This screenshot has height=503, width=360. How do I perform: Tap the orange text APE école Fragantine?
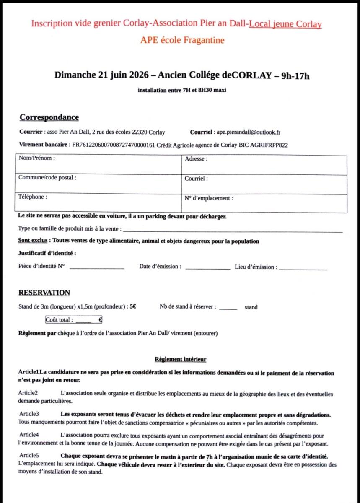pos(182,40)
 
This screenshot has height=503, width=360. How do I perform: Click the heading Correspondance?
pos(49,117)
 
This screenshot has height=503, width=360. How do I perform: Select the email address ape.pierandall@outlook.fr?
pos(249,132)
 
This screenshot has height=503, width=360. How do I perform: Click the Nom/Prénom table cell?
pos(99,165)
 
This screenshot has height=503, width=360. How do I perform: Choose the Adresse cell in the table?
pos(264,165)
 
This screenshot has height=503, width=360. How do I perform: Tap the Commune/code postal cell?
pos(99,184)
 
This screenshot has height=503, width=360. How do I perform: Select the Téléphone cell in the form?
pos(99,203)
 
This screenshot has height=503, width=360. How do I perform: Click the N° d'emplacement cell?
pos(264,203)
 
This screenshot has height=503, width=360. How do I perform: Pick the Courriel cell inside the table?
pos(264,184)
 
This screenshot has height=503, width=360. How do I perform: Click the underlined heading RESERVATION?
pos(44,293)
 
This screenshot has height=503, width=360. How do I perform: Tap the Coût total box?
pos(74,320)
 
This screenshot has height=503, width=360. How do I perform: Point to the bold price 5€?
pos(132,307)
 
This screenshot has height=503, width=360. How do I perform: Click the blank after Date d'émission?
pos(207,267)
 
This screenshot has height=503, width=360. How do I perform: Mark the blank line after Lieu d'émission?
pos(303,268)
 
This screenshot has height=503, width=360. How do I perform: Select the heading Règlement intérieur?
pos(180,359)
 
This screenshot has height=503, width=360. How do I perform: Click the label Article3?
pos(29,414)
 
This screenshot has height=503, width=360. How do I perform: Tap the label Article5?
pos(29,456)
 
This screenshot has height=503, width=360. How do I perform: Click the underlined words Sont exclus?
pos(32,241)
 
